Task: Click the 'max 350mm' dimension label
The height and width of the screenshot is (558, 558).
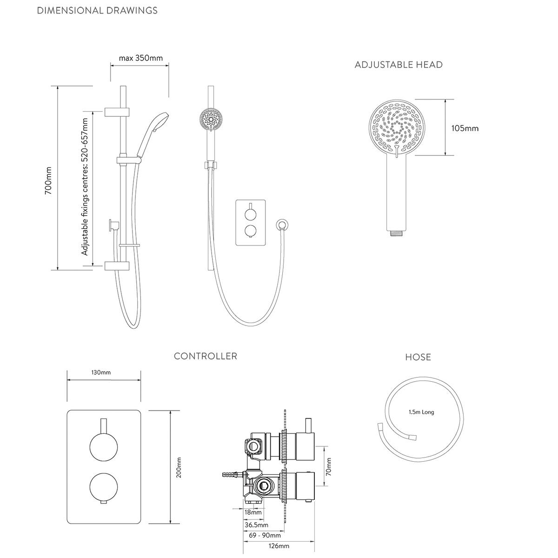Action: (141, 58)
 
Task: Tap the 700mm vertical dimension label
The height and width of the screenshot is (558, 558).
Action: (48, 180)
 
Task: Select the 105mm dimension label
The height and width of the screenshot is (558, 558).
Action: (465, 128)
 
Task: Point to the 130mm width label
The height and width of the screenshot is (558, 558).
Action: (101, 372)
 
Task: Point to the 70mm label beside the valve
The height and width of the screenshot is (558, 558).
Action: (328, 466)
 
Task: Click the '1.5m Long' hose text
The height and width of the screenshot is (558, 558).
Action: (421, 412)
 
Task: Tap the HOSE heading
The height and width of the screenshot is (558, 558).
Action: (418, 357)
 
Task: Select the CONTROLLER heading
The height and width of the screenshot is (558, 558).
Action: (206, 356)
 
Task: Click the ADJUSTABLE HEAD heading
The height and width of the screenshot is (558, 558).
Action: (399, 65)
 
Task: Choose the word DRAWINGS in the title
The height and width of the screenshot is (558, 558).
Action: (132, 10)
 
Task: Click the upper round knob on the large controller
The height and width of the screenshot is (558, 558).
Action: (104, 447)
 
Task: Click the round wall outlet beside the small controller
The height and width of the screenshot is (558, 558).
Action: (282, 225)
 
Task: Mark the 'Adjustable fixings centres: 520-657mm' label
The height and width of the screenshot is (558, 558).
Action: (85, 187)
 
